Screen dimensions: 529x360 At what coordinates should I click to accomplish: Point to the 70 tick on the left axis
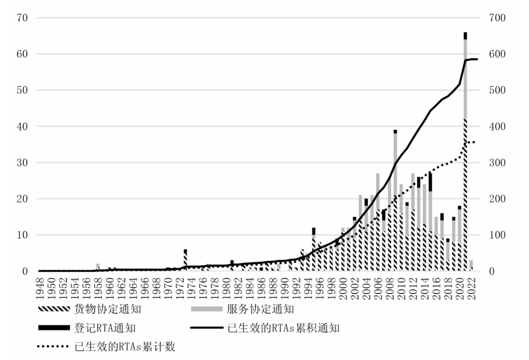coord(22,18)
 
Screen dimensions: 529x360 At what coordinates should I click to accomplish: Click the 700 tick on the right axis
coord(497,18)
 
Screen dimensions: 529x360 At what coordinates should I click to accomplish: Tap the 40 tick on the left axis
coord(22,127)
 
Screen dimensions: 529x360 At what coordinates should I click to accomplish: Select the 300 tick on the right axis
coord(497,163)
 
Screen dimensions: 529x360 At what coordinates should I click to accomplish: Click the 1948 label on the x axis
coord(40,288)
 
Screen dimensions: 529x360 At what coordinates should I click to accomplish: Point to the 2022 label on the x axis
coord(472,288)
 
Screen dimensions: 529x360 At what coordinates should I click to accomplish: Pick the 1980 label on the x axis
coord(226,288)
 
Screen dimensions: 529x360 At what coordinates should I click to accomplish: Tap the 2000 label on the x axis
coord(343,288)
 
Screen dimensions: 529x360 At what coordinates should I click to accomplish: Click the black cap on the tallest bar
coord(465,36)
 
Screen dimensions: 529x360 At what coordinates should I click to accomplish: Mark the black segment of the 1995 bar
coord(314,231)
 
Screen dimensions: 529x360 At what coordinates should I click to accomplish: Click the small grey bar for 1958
coord(98,266)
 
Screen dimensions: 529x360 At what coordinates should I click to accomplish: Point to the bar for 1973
coord(185,260)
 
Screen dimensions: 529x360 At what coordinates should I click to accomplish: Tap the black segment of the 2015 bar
coord(430,182)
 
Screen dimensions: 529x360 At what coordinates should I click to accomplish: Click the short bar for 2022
coord(471,266)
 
